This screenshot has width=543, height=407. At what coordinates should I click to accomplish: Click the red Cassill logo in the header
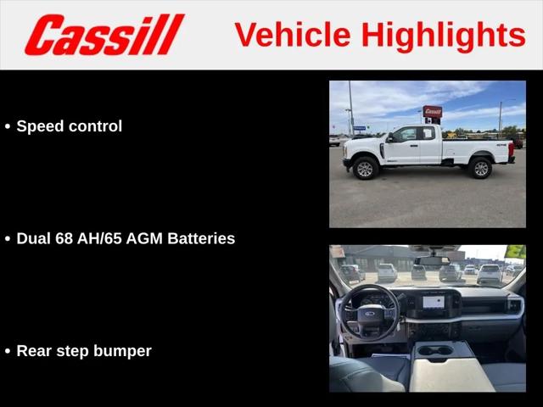[104, 34]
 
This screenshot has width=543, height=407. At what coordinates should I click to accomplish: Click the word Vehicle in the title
[293, 35]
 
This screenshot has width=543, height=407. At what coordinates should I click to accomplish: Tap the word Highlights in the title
[444, 36]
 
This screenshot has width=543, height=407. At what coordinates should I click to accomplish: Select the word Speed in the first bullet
[40, 126]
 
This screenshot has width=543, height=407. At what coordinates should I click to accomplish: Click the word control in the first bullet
[95, 126]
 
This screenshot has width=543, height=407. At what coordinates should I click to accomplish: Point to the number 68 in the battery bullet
[64, 238]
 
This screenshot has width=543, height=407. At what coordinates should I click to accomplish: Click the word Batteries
[201, 238]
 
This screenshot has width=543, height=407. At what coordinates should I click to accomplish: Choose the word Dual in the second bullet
[34, 238]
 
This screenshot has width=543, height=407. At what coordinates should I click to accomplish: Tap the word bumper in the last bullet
[122, 352]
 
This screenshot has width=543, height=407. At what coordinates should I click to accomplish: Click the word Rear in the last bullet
[34, 351]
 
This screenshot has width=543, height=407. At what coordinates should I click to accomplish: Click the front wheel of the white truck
[365, 168]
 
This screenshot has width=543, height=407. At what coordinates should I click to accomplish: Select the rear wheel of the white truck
[481, 168]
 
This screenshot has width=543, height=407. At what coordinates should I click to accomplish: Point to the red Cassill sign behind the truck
[433, 111]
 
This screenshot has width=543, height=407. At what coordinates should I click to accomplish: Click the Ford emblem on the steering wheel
[370, 314]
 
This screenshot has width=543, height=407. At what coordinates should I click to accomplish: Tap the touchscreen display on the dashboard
[434, 302]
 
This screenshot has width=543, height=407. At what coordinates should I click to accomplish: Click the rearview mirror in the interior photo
[432, 261]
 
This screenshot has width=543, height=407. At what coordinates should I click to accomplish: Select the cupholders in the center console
[435, 351]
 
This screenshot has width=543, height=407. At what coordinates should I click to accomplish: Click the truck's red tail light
[511, 149]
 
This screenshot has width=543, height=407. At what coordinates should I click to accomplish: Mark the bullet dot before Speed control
[8, 126]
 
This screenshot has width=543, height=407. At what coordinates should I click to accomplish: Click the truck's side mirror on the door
[390, 137]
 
